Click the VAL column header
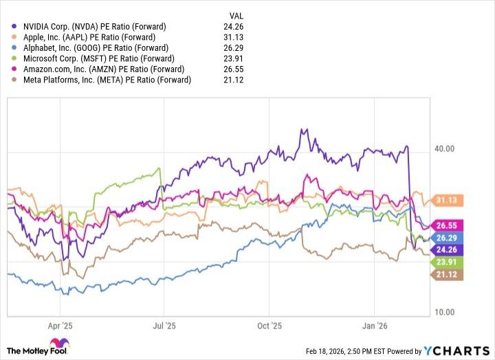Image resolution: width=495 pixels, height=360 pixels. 235,15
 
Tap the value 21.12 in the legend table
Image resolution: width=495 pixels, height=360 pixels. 235,80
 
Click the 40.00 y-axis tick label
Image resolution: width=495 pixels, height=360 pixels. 446,148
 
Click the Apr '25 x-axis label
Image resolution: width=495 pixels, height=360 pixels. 62,326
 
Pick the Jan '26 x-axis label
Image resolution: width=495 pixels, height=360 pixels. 374,326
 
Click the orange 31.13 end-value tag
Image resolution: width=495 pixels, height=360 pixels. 447,201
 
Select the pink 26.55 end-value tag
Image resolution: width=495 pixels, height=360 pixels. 447,225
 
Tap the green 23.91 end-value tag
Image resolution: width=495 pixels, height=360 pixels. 447,262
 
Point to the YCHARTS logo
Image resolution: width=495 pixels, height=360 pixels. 454,351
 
